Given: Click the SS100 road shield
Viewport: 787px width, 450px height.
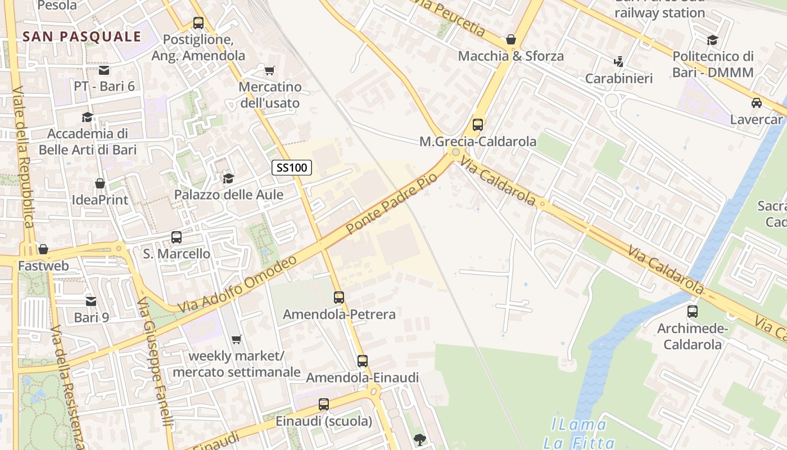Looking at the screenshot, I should click(292, 167).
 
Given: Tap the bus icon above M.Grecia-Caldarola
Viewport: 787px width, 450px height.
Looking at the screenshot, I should click(478, 125).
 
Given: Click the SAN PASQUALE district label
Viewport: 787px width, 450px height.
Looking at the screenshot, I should click(82, 37).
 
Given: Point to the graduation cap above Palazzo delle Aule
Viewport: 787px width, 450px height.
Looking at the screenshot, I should click(228, 178).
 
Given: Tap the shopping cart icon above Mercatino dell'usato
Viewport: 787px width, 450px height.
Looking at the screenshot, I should click(270, 70).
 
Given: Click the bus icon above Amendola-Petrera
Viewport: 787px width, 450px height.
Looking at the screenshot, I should click(339, 298).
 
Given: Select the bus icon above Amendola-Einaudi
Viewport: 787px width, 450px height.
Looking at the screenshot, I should click(363, 361).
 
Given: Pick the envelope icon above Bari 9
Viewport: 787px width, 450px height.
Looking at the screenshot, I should click(91, 301).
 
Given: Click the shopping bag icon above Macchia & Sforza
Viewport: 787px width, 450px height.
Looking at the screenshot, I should click(511, 39).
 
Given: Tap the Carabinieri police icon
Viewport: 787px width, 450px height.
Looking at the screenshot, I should click(619, 61).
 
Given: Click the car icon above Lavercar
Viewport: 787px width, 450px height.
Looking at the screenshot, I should click(757, 103).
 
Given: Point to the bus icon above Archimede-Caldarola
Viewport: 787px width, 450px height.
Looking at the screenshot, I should click(693, 312).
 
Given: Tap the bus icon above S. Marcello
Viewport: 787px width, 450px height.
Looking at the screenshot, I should click(177, 237).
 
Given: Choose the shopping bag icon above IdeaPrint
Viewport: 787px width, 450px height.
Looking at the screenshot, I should click(100, 183).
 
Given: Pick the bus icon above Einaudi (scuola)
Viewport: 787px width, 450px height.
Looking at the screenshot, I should click(324, 404).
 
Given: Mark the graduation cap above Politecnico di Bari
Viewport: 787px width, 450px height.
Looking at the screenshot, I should click(713, 40).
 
